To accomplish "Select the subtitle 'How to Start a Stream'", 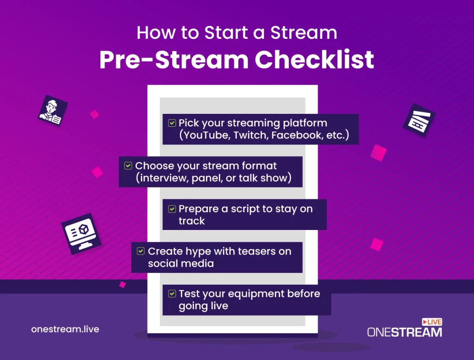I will pyautogui.click(x=237, y=33).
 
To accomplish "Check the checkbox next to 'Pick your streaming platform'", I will pyautogui.click(x=172, y=123).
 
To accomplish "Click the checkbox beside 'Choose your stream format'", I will pyautogui.click(x=128, y=166).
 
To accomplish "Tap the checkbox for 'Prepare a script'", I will pyautogui.click(x=172, y=209).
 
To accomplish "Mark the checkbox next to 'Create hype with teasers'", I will pyautogui.click(x=141, y=251).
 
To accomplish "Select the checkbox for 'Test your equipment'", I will pyautogui.click(x=172, y=293).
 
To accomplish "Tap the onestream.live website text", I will pyautogui.click(x=65, y=329).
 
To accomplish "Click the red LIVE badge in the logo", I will pyautogui.click(x=432, y=322).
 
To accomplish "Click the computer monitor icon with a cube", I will pyautogui.click(x=81, y=234).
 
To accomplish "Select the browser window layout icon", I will pyautogui.click(x=419, y=120).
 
